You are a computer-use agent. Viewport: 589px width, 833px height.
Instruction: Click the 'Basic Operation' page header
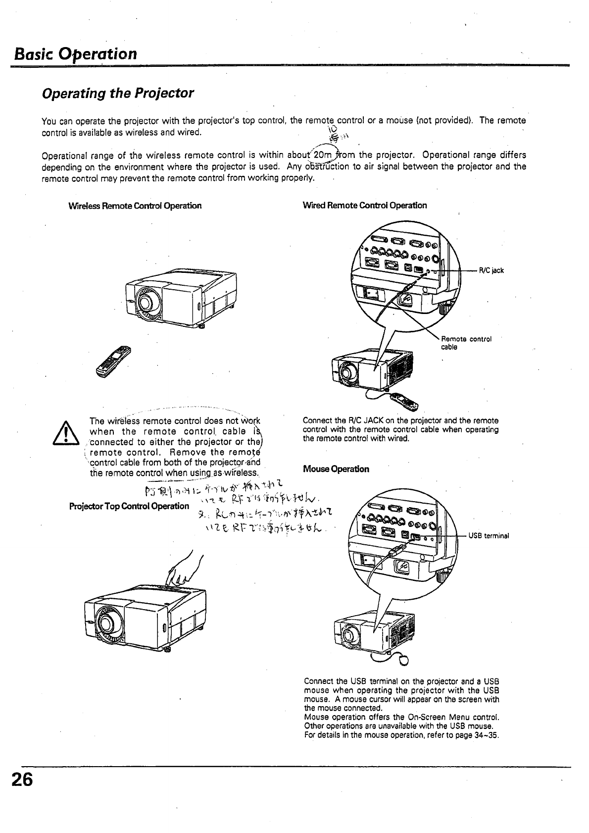tap(75, 53)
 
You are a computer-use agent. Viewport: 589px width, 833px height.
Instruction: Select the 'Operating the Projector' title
tap(118, 93)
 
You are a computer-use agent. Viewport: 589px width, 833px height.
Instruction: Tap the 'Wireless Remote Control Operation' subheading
tap(135, 206)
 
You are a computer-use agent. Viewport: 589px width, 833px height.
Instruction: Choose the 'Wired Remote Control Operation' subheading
tap(364, 206)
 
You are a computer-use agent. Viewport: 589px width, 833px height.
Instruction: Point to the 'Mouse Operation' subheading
tap(336, 469)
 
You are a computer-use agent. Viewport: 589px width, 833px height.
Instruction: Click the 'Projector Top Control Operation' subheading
tap(130, 506)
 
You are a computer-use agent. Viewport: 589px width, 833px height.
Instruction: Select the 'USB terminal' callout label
tap(489, 536)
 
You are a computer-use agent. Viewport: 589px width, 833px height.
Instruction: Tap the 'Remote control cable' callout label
tap(466, 343)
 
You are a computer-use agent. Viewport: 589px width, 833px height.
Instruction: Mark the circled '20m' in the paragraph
tap(326, 155)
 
